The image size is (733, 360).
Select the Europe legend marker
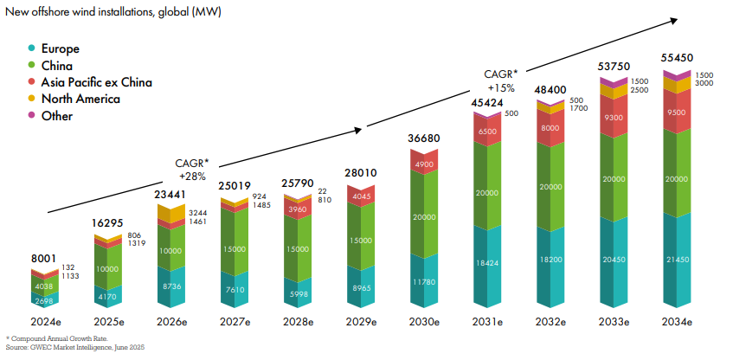click(32, 49)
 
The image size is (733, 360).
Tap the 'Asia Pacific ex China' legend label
click(97, 82)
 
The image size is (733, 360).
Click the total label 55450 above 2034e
click(677, 56)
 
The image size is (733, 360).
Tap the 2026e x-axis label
click(170, 321)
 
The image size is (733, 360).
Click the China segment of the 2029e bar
click(359, 241)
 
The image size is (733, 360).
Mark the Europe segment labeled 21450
click(677, 260)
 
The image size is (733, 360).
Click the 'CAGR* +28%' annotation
click(195, 169)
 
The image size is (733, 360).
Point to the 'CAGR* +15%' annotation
click(502, 80)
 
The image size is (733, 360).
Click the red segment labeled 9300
click(614, 117)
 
